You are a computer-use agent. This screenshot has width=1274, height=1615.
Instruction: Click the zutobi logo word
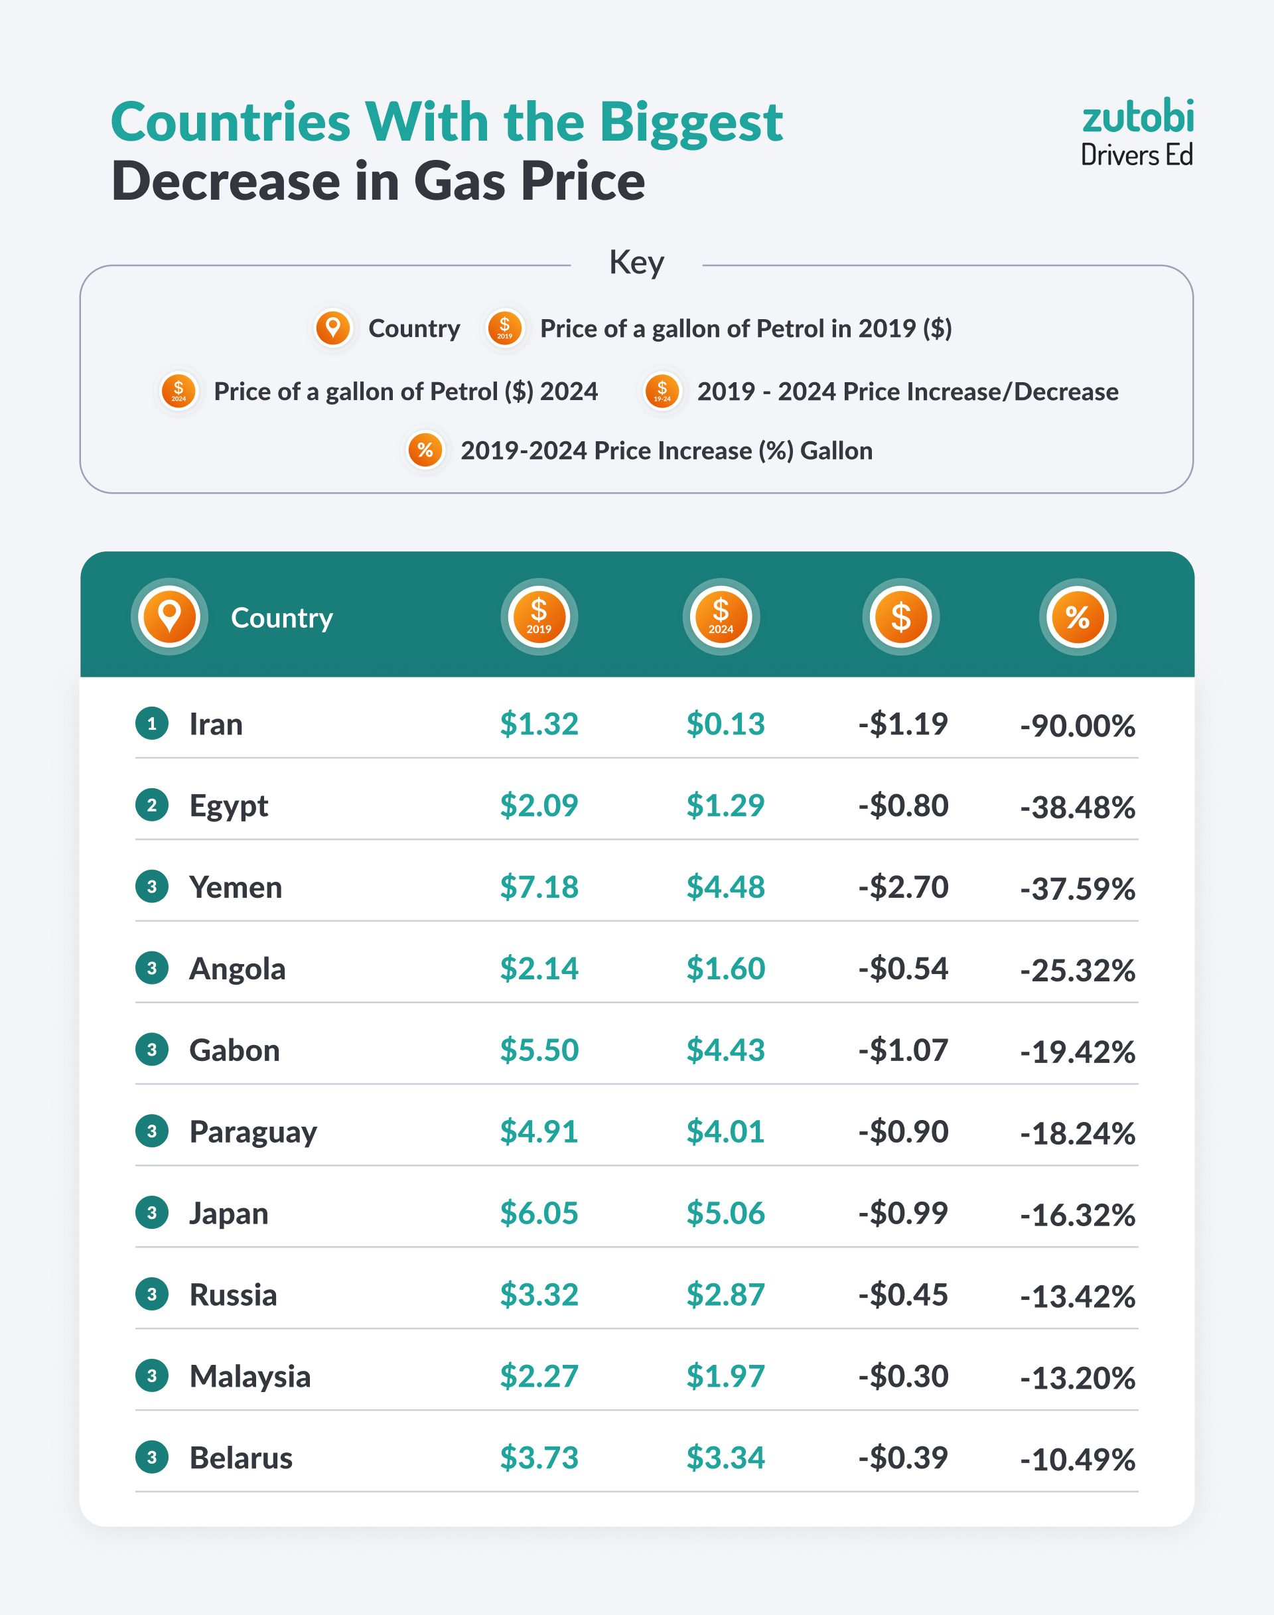coord(1137,118)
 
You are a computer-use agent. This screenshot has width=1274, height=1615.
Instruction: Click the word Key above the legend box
coord(636,263)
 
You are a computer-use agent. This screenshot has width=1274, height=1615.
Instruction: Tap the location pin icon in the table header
coord(169,617)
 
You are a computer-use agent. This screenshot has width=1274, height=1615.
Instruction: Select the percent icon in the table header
coord(1077,617)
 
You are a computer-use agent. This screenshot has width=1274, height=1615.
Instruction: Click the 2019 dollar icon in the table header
coord(539,617)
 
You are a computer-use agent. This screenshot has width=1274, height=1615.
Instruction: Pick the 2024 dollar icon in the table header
coord(721,617)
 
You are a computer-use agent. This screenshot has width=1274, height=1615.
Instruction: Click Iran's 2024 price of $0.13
coord(725,724)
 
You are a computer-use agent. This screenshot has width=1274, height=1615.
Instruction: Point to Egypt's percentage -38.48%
coord(1077,807)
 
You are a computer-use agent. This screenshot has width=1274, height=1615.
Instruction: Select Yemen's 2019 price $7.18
coord(539,887)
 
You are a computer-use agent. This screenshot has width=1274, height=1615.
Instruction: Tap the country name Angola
coord(237,969)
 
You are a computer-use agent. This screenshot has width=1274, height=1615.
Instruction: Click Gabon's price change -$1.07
coord(902,1050)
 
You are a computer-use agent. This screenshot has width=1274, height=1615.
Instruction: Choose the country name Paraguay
coord(253,1133)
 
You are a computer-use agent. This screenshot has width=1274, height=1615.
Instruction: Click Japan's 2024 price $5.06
coord(725,1214)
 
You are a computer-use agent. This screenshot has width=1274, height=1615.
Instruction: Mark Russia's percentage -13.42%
coord(1077,1297)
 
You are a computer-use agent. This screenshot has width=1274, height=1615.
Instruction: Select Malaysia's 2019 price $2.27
coord(539,1376)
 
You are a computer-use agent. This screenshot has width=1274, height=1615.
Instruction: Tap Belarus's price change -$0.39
coord(902,1458)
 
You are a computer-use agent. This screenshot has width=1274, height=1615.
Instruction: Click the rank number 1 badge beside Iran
coord(152,724)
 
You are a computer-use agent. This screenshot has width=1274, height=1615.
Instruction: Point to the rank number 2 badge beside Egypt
coord(152,806)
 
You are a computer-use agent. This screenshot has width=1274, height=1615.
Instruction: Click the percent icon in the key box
coord(425,451)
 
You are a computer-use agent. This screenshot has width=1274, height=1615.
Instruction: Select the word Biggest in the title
coord(691,121)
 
